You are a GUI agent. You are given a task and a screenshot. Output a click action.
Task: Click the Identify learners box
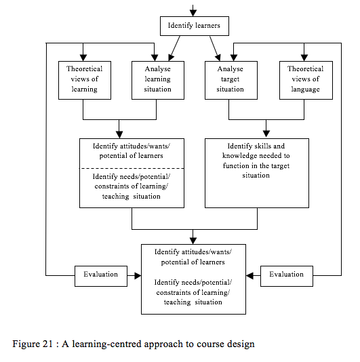[x=194, y=27]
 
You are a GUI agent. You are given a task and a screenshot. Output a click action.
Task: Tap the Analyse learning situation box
[x=158, y=79]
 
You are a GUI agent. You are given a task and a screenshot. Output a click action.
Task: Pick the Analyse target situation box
[x=229, y=79]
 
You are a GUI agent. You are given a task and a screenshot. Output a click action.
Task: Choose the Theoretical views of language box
[x=305, y=79]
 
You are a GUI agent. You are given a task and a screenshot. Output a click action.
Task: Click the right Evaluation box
[x=286, y=275]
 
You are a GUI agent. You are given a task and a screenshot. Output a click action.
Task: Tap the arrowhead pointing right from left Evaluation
[x=137, y=275]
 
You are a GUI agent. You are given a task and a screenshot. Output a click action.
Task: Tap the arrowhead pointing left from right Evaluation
[x=249, y=275]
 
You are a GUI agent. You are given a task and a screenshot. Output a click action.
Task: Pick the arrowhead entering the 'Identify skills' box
[x=266, y=134]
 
